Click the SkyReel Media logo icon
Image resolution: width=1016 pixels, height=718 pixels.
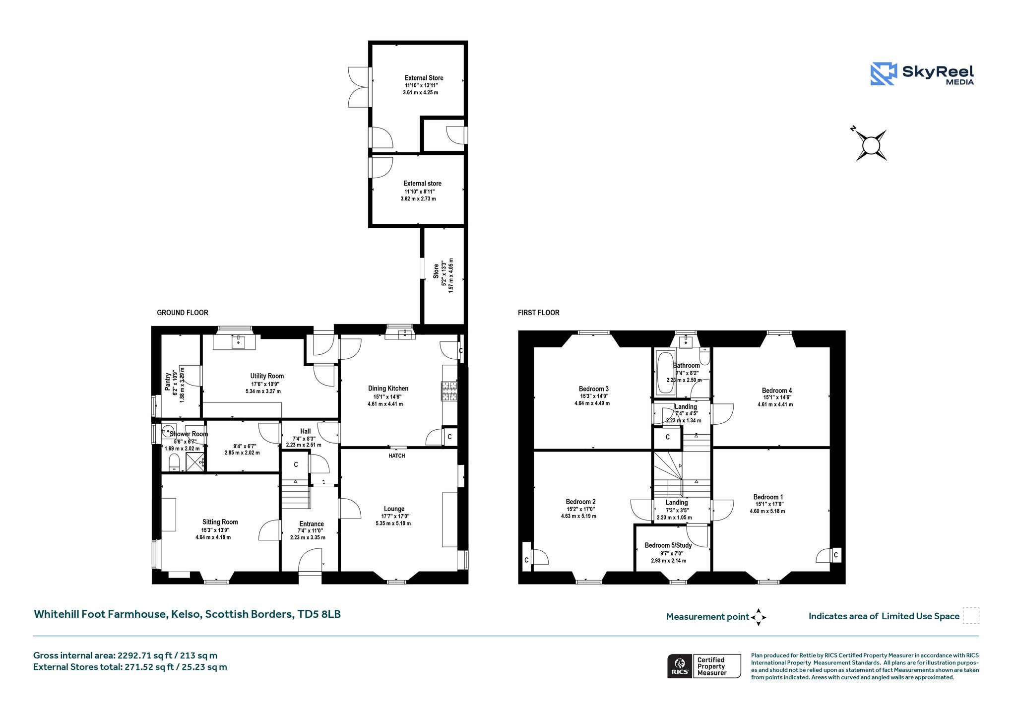884,74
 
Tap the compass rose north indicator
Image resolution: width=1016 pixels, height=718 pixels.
853,129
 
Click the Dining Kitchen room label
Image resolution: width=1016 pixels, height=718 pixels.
388,389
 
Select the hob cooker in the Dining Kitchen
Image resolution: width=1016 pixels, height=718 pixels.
449,391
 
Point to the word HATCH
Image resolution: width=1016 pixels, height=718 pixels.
397,456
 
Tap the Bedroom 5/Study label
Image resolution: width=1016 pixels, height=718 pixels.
668,545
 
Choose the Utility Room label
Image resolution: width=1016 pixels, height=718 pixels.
267,376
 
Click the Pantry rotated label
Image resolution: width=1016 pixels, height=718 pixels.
168,381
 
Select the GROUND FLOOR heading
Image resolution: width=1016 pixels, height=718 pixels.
183,313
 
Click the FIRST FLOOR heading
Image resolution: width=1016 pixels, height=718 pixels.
539,313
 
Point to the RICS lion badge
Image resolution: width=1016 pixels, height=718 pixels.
680,666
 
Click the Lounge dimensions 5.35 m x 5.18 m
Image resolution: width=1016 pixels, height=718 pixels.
393,523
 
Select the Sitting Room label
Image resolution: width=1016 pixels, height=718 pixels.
220,522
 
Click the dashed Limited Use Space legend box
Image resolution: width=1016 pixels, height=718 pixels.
971,615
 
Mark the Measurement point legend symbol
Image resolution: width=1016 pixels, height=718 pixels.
759,617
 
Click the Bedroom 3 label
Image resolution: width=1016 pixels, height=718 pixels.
594,389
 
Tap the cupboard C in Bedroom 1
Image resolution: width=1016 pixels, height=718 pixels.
836,555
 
